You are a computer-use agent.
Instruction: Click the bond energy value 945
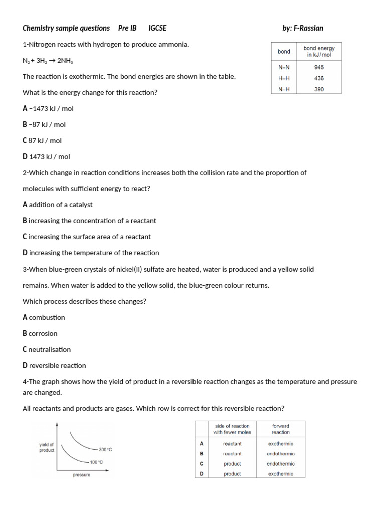click(319, 67)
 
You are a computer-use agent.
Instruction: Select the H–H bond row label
click(284, 78)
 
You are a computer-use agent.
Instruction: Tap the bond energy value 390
click(319, 89)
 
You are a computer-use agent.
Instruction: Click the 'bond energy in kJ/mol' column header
click(319, 52)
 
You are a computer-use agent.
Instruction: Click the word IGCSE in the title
click(157, 28)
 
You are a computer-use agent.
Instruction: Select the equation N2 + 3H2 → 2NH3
click(49, 61)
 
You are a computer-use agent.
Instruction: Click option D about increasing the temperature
click(91, 253)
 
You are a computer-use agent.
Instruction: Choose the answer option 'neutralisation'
click(47, 349)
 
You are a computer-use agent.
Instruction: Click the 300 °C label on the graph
click(105, 450)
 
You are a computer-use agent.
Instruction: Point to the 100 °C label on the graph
click(96, 462)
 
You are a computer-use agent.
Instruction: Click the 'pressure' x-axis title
click(81, 475)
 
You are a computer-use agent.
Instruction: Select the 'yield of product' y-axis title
click(46, 447)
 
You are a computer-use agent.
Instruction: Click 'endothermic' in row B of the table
click(280, 454)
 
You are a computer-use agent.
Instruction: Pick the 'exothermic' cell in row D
click(280, 474)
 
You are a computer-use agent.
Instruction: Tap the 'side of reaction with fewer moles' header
click(232, 429)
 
